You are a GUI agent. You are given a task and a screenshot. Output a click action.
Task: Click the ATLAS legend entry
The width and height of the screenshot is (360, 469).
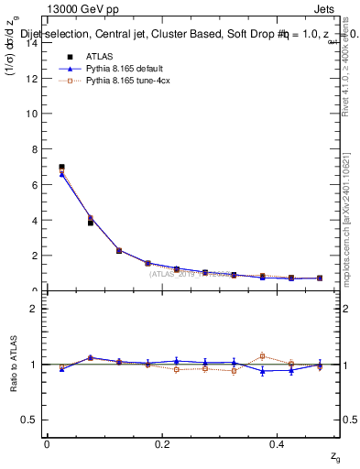tap(96, 56)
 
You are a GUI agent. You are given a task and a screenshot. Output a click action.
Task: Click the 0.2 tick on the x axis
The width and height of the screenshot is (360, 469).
tap(162, 443)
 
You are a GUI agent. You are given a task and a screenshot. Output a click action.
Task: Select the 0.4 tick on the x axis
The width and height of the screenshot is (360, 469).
tap(278, 443)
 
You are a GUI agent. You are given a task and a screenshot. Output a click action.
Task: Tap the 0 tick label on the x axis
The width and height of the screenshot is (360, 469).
tap(47, 443)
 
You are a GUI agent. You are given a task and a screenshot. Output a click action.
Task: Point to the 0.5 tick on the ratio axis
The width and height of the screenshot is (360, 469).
tap(30, 420)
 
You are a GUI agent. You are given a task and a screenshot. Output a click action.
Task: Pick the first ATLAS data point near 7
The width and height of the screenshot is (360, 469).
tap(61, 168)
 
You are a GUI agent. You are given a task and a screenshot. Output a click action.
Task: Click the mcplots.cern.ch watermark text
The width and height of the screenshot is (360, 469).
tap(348, 211)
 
